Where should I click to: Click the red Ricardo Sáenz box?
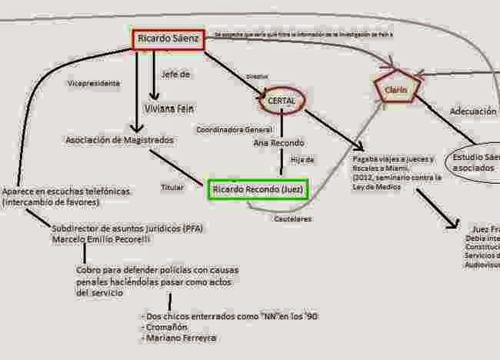click(x=168, y=38)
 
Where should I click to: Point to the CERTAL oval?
click(x=281, y=100)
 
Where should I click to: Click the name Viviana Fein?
click(x=168, y=109)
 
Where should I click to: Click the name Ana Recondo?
click(x=278, y=143)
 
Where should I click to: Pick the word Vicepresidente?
click(x=94, y=82)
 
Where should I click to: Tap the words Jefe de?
click(x=176, y=75)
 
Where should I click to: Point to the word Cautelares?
click(x=293, y=218)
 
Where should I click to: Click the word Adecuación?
click(x=472, y=112)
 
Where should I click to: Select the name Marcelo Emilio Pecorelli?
click(x=102, y=239)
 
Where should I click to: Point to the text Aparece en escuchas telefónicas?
click(x=65, y=192)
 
